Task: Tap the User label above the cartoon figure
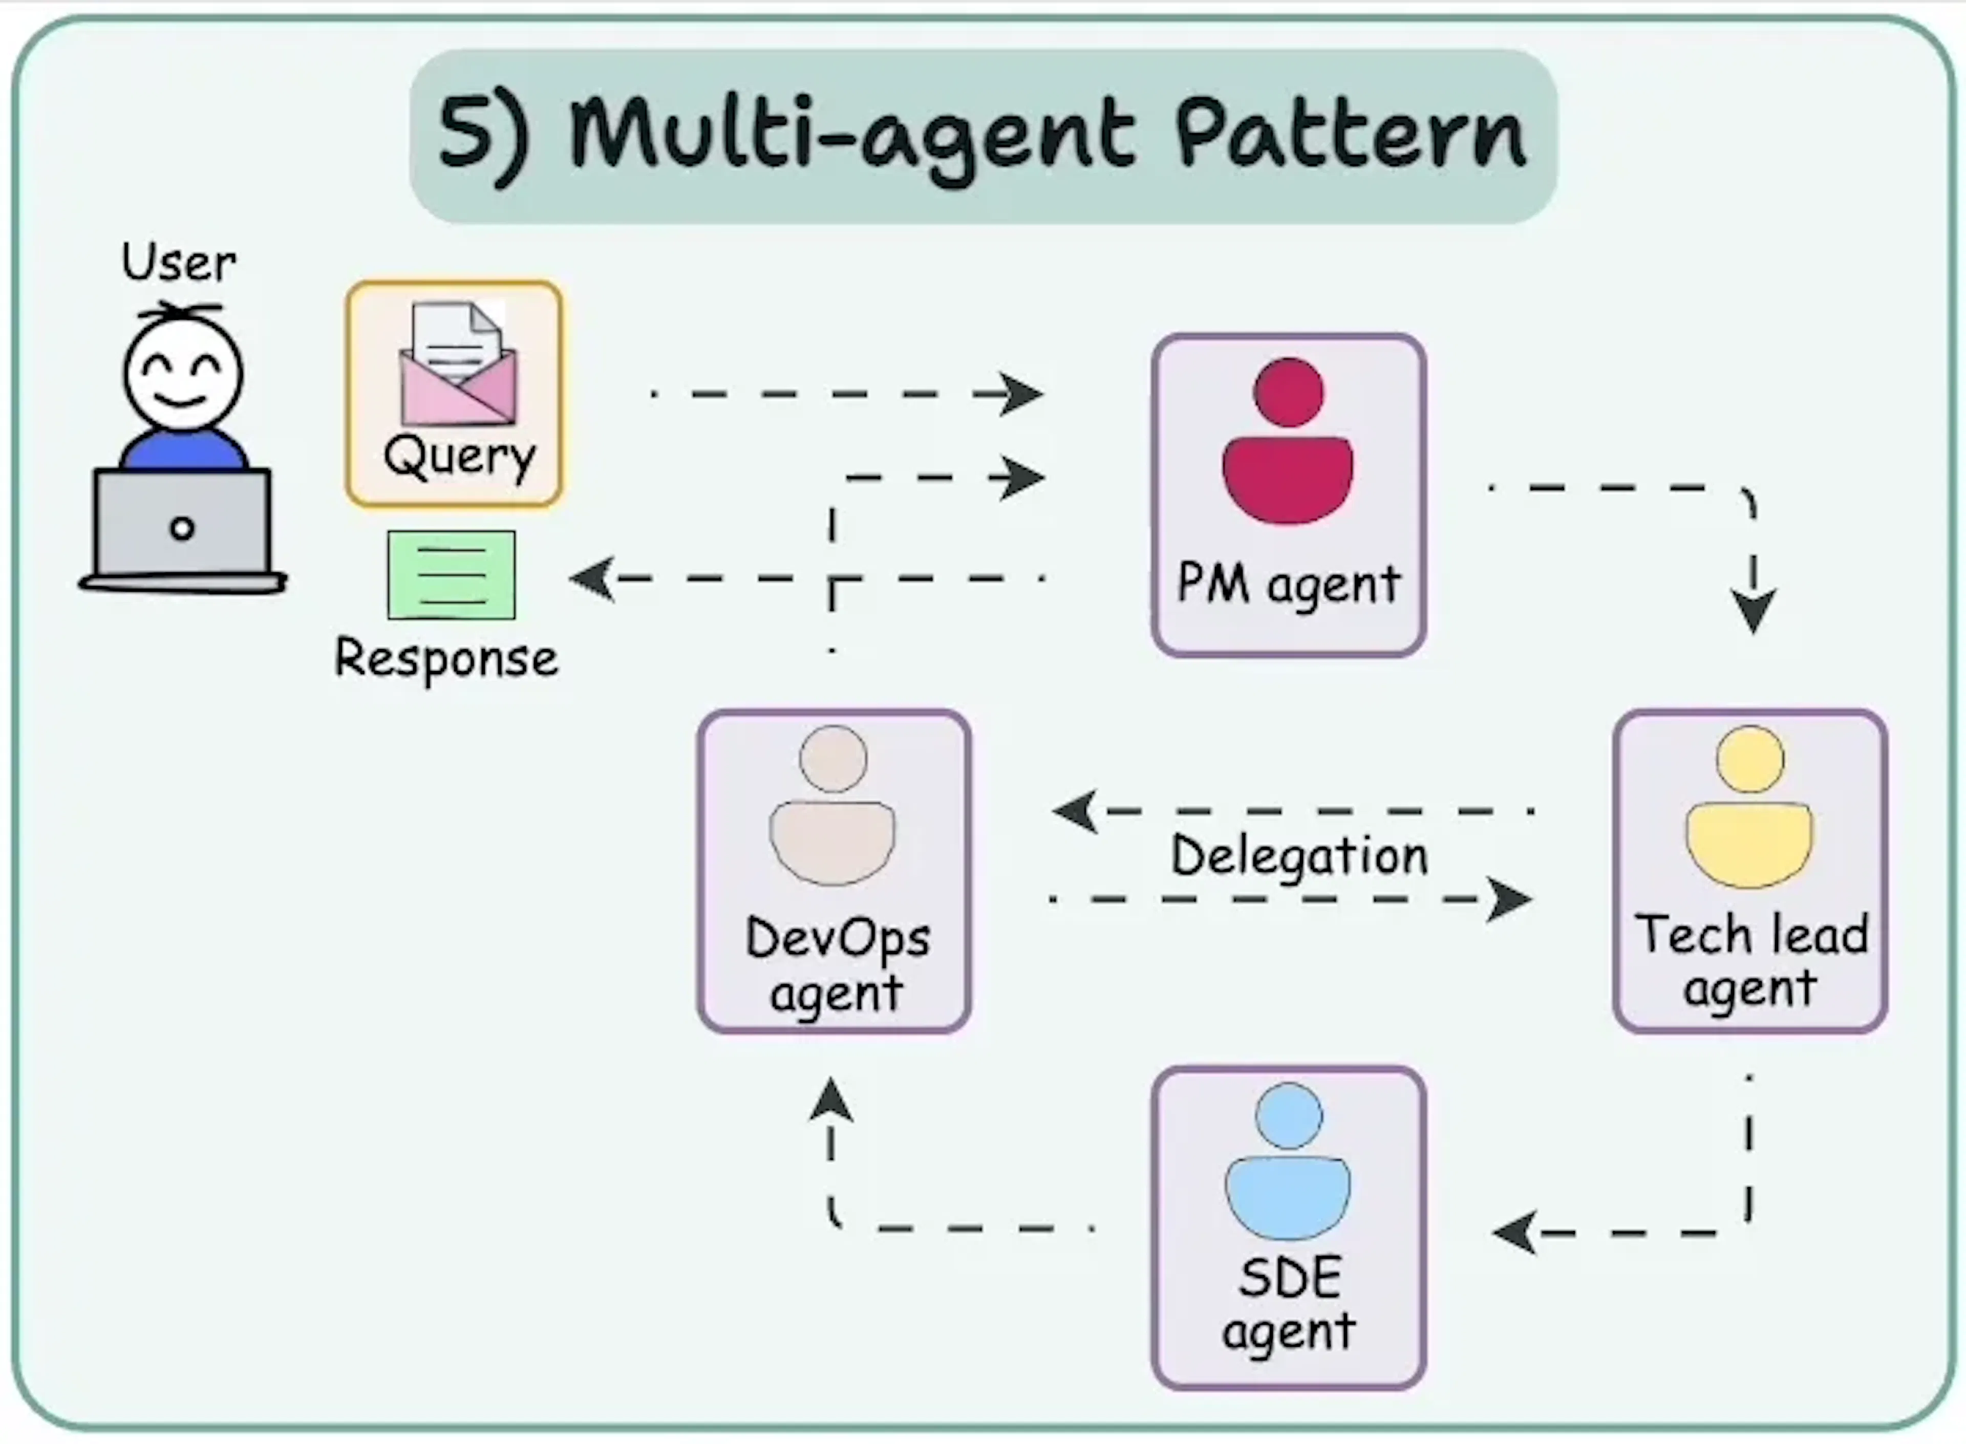(178, 262)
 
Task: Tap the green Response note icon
(451, 574)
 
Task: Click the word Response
(446, 658)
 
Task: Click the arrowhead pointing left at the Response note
(592, 578)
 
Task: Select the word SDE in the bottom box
(1289, 1279)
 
